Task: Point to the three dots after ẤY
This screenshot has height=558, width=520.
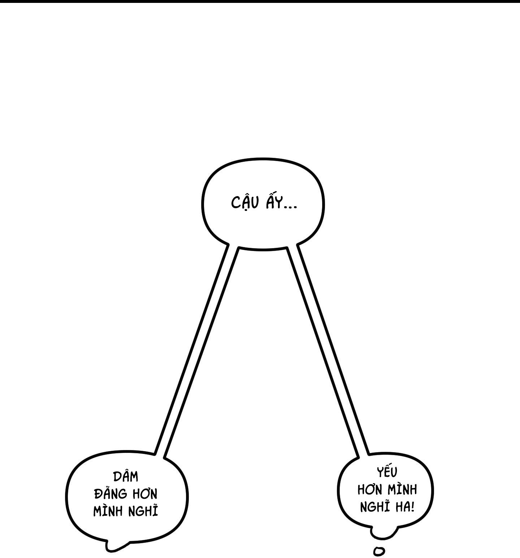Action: tap(290, 207)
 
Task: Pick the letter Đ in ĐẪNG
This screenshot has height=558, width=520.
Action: tap(97, 494)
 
